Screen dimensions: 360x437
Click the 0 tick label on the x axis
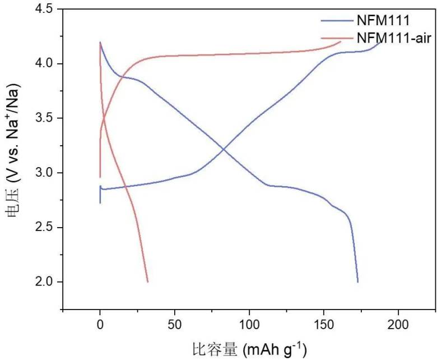pyautogui.click(x=100, y=324)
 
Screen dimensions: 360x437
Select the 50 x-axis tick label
pyautogui.click(x=175, y=324)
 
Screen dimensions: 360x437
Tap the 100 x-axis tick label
pyautogui.click(x=249, y=324)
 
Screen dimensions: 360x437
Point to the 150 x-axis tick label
pyautogui.click(x=324, y=324)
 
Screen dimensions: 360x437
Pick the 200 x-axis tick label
pyautogui.click(x=398, y=324)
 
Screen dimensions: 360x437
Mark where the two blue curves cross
pyautogui.click(x=224, y=149)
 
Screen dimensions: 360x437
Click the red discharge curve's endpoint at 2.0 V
pyautogui.click(x=147, y=281)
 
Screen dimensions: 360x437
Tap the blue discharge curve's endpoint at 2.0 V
pyautogui.click(x=357, y=281)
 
